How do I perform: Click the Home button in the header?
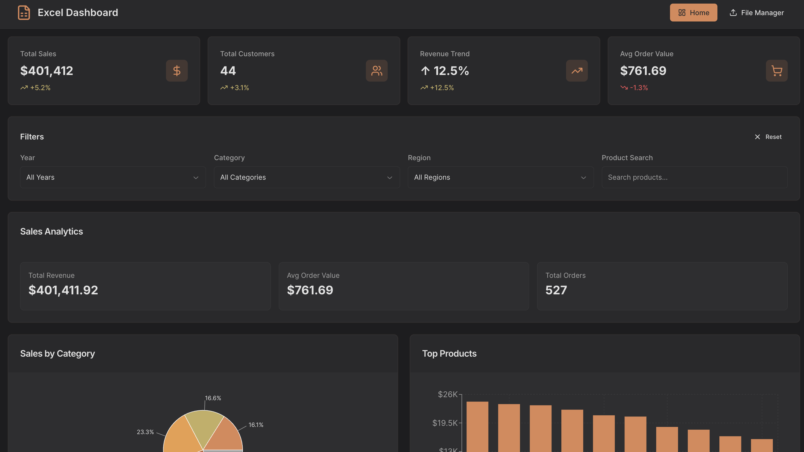point(693,13)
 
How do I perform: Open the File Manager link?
point(757,13)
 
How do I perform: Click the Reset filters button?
point(768,137)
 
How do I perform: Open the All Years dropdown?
point(113,177)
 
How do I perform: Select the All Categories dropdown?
point(307,177)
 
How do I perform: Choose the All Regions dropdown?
point(500,177)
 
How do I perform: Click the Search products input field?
point(695,177)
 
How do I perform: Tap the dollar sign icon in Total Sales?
point(177,71)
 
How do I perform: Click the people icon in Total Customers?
point(377,71)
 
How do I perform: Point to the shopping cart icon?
point(776,71)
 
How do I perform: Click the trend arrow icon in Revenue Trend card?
point(577,71)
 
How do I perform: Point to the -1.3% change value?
point(639,88)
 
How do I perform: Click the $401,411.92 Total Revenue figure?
point(63,290)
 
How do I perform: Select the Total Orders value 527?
point(556,290)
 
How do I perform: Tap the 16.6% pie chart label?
point(213,398)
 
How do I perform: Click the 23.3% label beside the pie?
point(145,432)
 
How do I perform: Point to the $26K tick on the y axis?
point(447,395)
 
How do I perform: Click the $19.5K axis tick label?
point(445,423)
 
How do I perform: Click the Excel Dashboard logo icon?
point(24,13)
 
